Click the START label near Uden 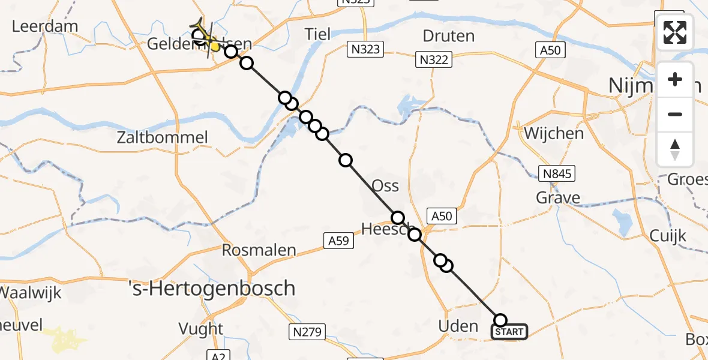(x=510, y=332)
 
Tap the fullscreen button (x=675, y=32)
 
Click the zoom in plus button (x=675, y=79)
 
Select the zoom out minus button (x=675, y=114)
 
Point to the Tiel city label (x=317, y=34)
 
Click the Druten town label (x=448, y=36)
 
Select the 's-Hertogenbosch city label (x=213, y=289)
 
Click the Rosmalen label (x=259, y=250)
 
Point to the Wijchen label (x=554, y=133)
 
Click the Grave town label (x=559, y=198)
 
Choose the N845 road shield (x=557, y=174)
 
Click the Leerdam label (x=46, y=26)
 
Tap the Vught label (x=200, y=329)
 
